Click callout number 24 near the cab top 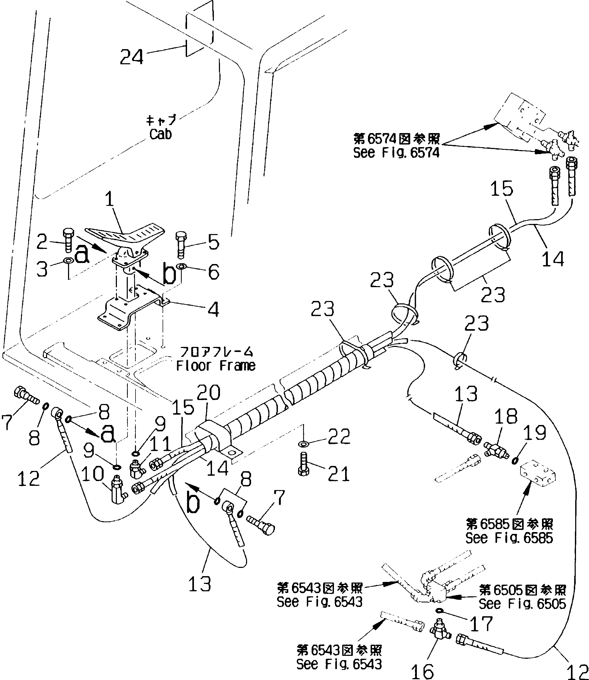click(132, 57)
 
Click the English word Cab click(160, 134)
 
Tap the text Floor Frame click(216, 366)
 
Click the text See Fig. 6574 click(396, 153)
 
